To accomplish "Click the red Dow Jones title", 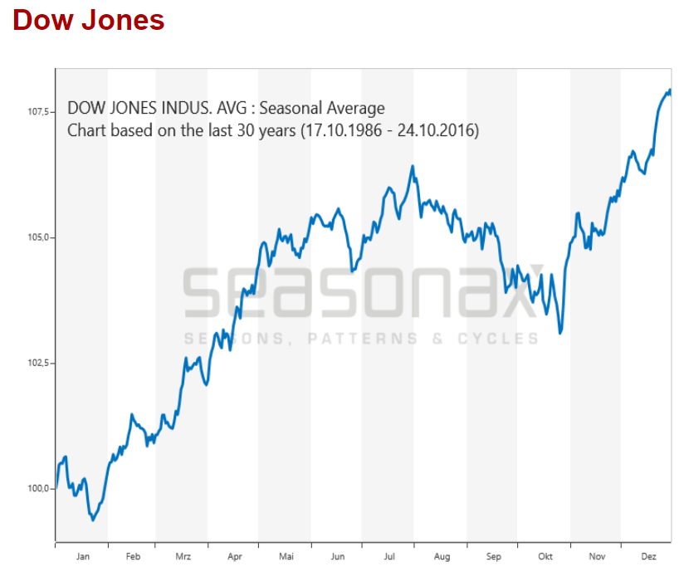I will click(x=89, y=19).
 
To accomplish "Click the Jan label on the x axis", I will click(x=82, y=557).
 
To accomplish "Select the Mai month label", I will click(x=286, y=557).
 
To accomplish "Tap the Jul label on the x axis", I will click(x=389, y=557).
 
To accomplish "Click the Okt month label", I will click(x=545, y=557).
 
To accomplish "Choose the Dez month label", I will click(x=648, y=557).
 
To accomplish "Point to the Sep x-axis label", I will click(x=493, y=557).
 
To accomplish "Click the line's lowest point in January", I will click(x=93, y=520).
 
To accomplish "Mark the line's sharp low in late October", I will click(x=561, y=333).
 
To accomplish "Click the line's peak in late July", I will click(x=412, y=167).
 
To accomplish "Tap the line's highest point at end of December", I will click(x=669, y=90).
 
